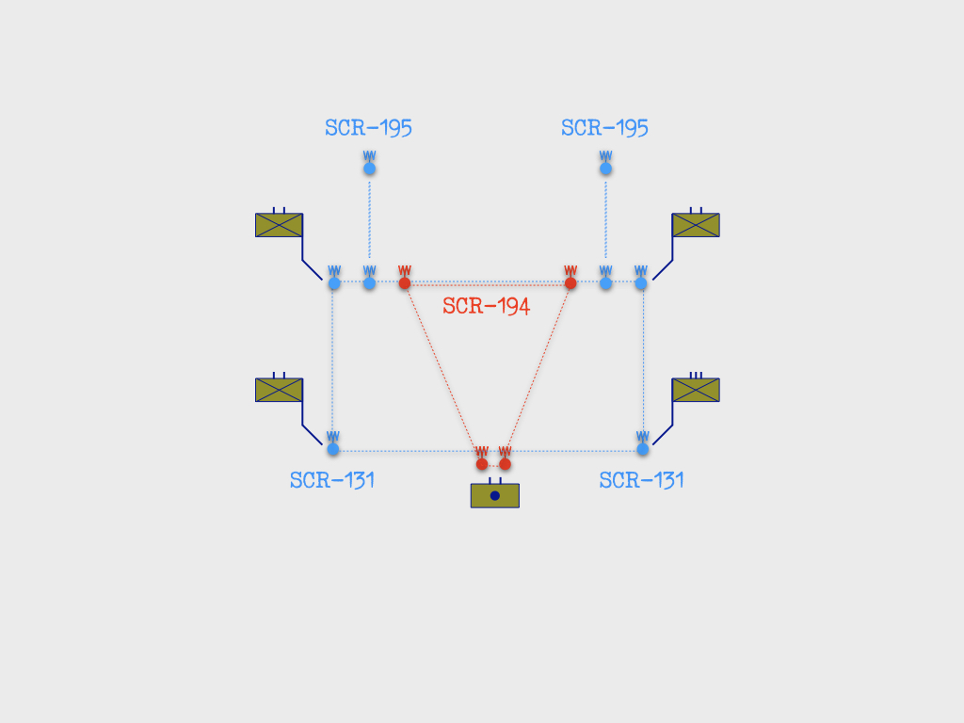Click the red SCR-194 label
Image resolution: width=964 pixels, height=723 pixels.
click(487, 306)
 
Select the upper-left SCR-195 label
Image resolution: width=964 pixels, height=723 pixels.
click(368, 128)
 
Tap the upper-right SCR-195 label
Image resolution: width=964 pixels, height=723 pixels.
click(604, 128)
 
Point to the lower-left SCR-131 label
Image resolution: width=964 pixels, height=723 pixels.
click(332, 480)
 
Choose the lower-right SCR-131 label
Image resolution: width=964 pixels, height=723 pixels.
click(641, 480)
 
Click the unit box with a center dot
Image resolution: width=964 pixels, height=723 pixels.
click(495, 495)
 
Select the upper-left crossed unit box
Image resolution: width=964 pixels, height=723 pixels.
click(279, 225)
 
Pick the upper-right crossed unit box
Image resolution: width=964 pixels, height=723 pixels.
click(696, 225)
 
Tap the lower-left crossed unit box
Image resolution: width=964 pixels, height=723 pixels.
click(279, 390)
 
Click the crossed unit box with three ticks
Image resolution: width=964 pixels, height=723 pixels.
click(696, 390)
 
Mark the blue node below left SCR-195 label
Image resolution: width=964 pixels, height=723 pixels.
click(369, 169)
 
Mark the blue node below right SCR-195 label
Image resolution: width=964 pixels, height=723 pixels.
click(605, 169)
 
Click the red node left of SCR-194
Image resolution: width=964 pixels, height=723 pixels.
click(405, 282)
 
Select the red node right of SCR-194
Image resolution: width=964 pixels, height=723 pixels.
click(570, 282)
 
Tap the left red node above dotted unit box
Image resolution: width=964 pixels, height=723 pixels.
click(482, 464)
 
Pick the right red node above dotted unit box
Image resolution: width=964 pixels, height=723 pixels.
click(505, 464)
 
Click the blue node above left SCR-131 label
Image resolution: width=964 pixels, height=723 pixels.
click(333, 449)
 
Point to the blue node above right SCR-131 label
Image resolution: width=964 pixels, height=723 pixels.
click(642, 449)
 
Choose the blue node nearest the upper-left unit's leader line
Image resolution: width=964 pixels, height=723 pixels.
click(334, 282)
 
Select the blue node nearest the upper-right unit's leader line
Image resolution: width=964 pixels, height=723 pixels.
click(641, 282)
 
